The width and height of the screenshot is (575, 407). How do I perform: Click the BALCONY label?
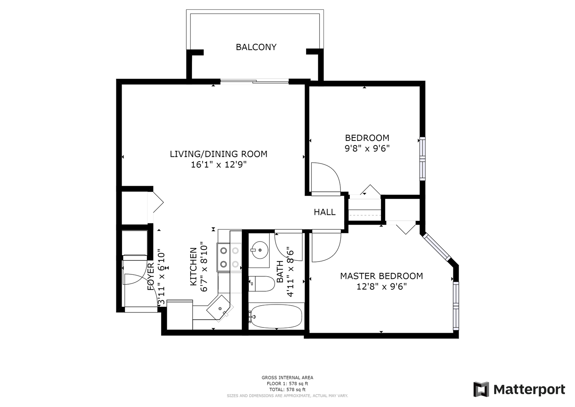[256, 47]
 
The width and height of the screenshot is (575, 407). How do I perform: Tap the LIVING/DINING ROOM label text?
[218, 154]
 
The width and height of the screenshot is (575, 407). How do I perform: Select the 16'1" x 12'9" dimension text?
[218, 164]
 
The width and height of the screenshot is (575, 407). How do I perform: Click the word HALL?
[325, 212]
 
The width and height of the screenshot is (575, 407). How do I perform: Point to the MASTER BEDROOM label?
[381, 276]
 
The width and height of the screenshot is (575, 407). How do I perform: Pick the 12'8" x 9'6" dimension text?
[381, 286]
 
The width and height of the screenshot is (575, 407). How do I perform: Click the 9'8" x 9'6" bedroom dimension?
[367, 148]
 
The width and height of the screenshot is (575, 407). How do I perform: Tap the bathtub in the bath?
[276, 316]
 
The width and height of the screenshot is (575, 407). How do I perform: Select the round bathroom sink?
[259, 250]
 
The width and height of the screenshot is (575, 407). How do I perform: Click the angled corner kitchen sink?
[220, 308]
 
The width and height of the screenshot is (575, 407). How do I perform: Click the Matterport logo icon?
[481, 390]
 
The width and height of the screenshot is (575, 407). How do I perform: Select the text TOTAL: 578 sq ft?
[287, 390]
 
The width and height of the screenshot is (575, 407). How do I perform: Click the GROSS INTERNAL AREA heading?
[287, 378]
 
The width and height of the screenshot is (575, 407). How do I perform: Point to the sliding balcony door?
[255, 81]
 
